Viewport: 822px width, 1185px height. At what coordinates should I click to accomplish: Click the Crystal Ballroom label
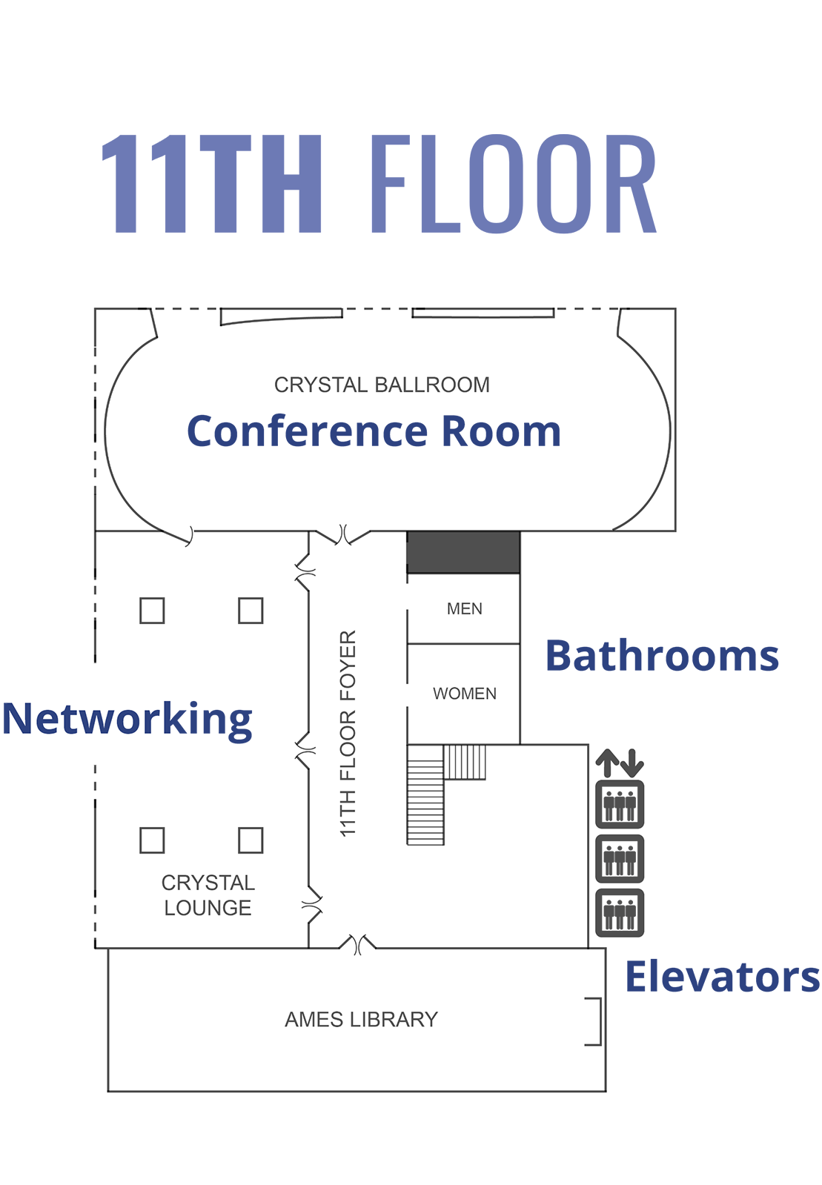[x=382, y=385]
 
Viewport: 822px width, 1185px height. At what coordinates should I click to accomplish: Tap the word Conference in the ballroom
[x=307, y=431]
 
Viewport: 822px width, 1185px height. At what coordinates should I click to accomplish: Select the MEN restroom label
[x=465, y=608]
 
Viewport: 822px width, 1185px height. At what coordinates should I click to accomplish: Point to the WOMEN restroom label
[x=465, y=694]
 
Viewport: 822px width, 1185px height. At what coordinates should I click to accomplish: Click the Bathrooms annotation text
[x=662, y=656]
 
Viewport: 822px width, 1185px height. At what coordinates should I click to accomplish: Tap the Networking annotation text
[x=127, y=719]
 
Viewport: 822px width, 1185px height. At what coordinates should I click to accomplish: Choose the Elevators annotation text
[x=722, y=976]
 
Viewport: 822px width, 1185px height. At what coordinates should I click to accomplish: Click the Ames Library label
[x=361, y=1020]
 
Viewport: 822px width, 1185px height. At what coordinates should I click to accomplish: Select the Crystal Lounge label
[x=208, y=895]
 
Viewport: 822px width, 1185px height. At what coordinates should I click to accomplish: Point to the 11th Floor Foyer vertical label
[x=348, y=734]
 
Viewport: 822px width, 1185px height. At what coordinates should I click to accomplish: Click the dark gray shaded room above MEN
[x=463, y=552]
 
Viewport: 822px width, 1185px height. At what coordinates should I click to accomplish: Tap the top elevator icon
[x=620, y=804]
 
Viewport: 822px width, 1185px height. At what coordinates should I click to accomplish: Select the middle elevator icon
[x=620, y=859]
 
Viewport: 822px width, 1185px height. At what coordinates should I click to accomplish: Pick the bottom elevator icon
[x=620, y=913]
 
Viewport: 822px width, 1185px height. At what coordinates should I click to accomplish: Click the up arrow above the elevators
[x=608, y=763]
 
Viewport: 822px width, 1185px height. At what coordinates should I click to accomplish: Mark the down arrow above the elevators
[x=632, y=763]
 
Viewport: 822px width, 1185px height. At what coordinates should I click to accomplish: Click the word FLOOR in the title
[x=512, y=184]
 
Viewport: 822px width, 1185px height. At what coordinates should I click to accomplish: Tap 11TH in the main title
[x=211, y=184]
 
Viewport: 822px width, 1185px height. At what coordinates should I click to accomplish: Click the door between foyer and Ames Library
[x=358, y=945]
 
